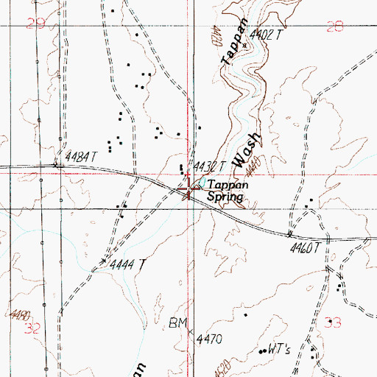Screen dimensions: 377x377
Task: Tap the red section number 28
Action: click(334, 27)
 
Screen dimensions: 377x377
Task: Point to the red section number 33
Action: click(334, 321)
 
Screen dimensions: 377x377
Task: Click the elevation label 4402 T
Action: click(267, 33)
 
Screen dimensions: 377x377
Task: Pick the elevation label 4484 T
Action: click(81, 157)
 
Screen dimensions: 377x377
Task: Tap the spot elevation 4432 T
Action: click(209, 166)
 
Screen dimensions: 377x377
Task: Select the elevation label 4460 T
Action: click(305, 249)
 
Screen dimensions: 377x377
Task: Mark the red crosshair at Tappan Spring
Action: click(189, 191)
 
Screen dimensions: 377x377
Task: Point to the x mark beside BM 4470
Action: click(189, 333)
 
